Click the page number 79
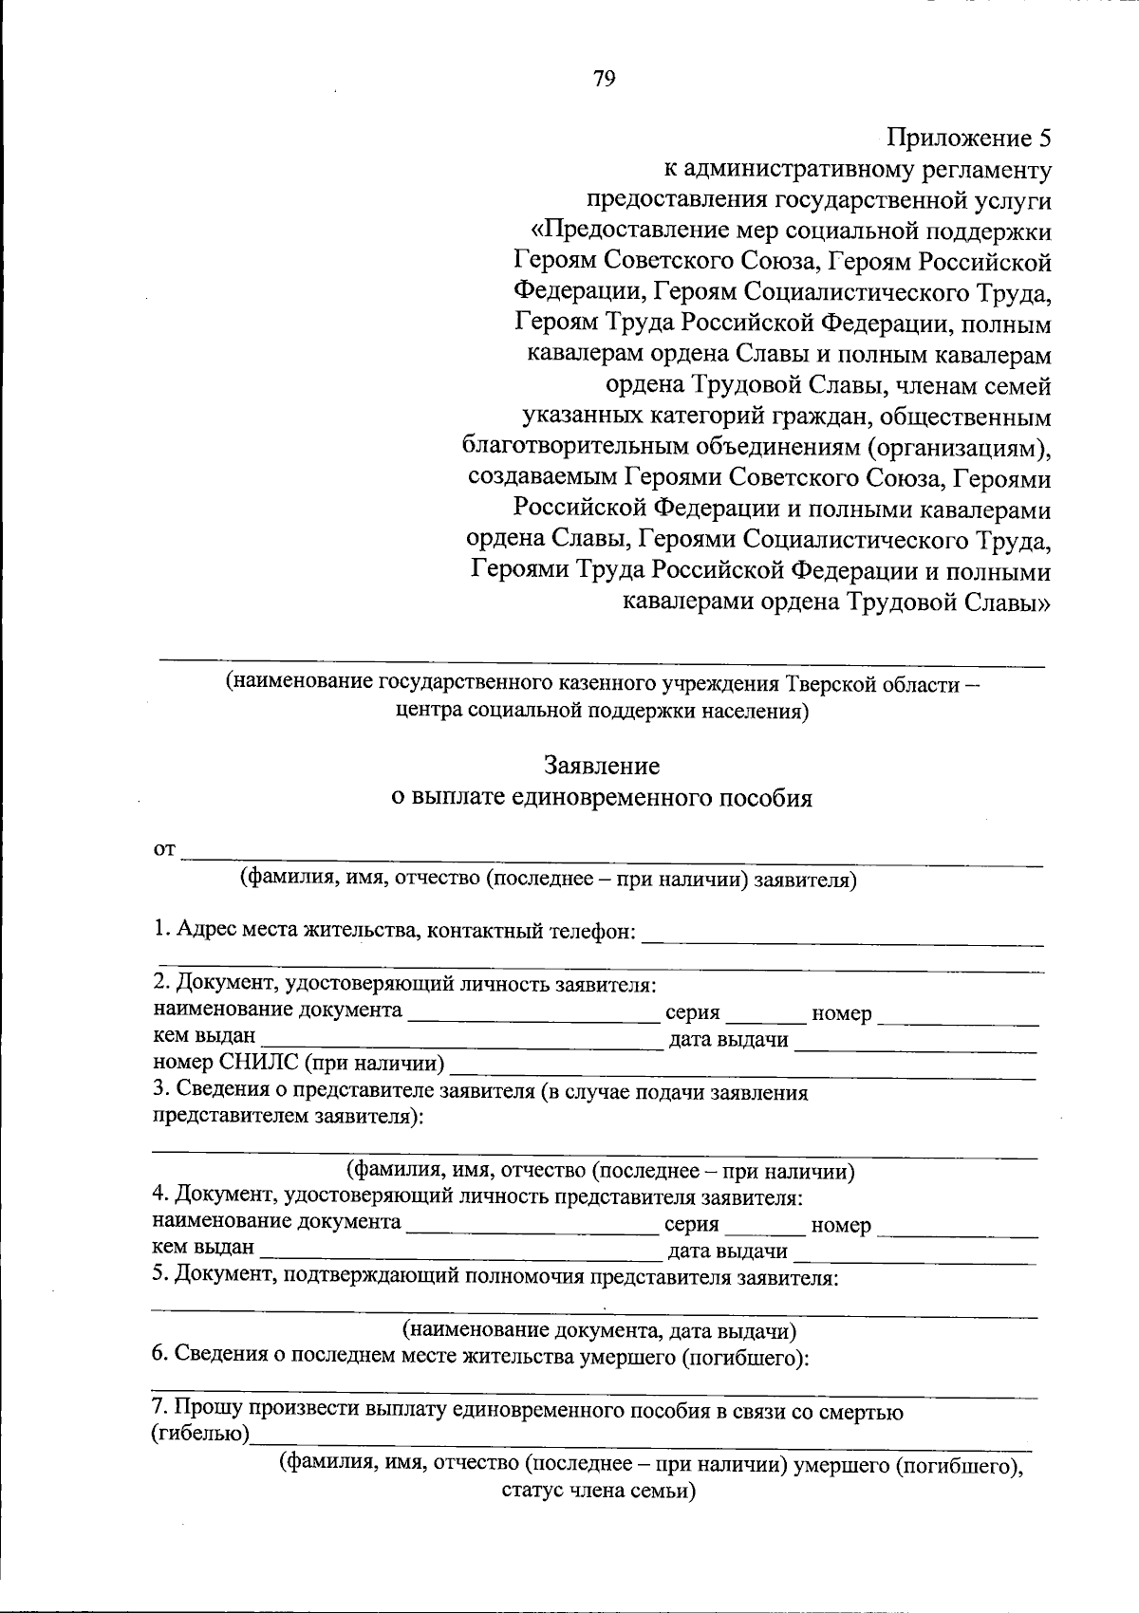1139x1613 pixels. [605, 79]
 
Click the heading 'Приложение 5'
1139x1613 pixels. [969, 139]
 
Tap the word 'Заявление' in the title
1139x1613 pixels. [602, 765]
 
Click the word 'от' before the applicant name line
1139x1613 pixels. [164, 849]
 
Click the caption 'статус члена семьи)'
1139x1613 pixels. [599, 1491]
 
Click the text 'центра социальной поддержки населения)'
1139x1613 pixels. [602, 711]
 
